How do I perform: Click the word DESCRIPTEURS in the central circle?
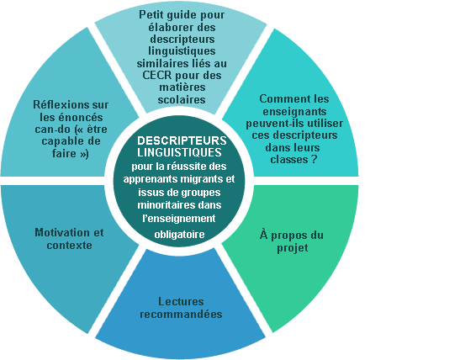click(x=182, y=140)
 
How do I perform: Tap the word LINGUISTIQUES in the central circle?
click(x=179, y=152)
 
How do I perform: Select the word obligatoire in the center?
click(x=179, y=235)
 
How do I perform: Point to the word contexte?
click(x=69, y=246)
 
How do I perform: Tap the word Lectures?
click(x=181, y=301)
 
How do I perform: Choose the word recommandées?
click(x=181, y=315)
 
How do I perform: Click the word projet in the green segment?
click(x=293, y=248)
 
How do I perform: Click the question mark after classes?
click(x=315, y=160)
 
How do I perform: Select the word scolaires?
click(x=182, y=100)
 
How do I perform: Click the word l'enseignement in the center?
click(x=179, y=219)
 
